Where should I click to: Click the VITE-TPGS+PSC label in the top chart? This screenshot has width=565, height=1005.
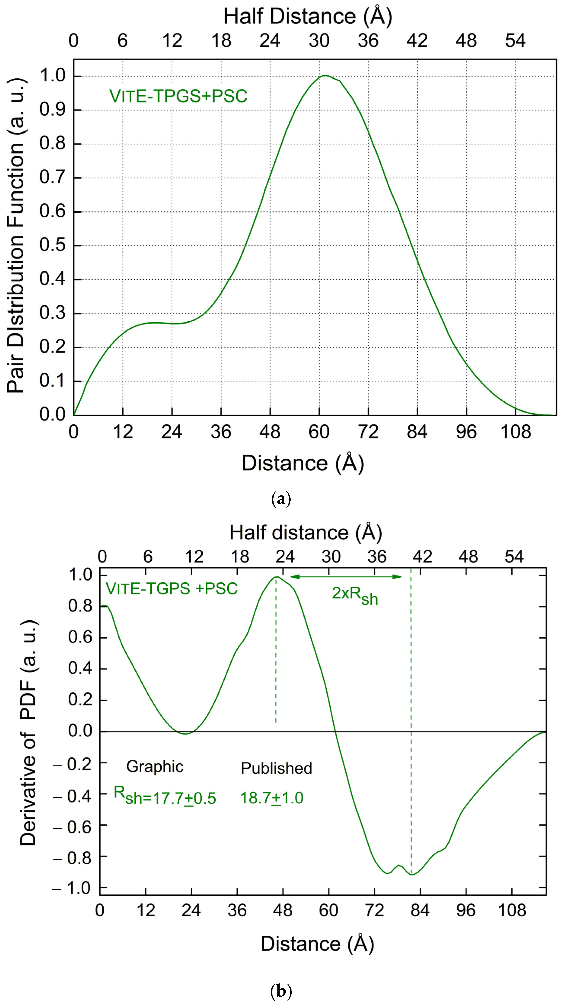pos(178,96)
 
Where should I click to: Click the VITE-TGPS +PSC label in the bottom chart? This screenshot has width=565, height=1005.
pos(172,589)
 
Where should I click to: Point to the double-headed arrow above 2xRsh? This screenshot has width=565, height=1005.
pos(346,577)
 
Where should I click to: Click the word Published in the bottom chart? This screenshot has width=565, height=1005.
pos(276,768)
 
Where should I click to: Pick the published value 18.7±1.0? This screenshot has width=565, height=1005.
pos(272,798)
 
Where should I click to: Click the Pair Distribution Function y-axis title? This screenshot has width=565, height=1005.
pos(16,236)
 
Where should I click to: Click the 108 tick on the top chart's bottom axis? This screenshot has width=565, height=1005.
pos(516,432)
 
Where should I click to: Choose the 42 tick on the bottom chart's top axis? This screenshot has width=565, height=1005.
pos(422,557)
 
